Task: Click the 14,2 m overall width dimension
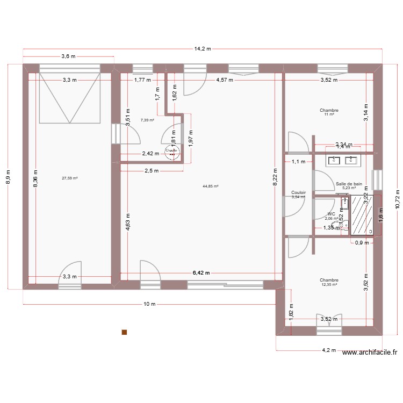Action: (203, 48)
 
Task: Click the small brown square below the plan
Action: (124, 333)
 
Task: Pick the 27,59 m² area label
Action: (70, 178)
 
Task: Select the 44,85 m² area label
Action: (210, 186)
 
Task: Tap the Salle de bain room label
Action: (349, 184)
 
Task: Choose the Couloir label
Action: (298, 192)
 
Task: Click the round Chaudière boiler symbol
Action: (172, 153)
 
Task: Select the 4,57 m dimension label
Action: (224, 80)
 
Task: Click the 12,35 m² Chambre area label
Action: (329, 285)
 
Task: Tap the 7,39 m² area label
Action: (147, 120)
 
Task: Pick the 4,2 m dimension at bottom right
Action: (328, 350)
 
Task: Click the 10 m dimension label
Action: (149, 304)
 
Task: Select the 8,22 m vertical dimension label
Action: (275, 183)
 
